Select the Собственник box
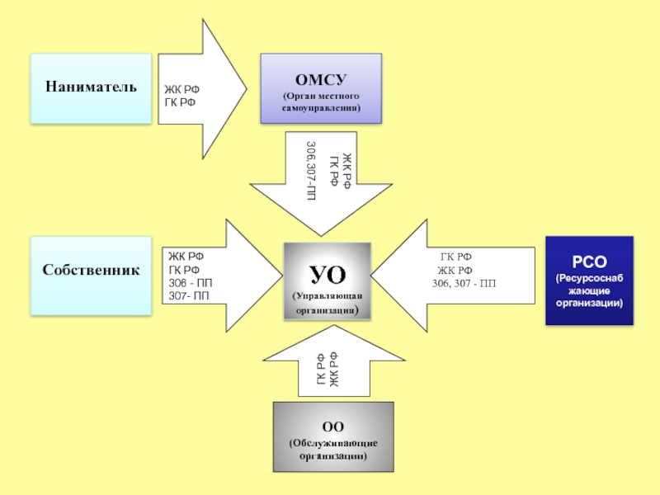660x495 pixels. point(91,270)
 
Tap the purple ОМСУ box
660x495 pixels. point(321,88)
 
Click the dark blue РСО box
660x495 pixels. point(589,280)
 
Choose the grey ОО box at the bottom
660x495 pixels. point(332,436)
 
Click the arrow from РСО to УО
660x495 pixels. point(462,276)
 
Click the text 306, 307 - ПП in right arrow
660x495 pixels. point(464,284)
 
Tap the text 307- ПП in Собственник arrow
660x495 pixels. point(189,295)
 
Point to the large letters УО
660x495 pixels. point(327,273)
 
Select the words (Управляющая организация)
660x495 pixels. point(328,304)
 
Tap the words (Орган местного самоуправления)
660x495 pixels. point(321,103)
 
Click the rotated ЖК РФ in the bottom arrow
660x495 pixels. point(334,369)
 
